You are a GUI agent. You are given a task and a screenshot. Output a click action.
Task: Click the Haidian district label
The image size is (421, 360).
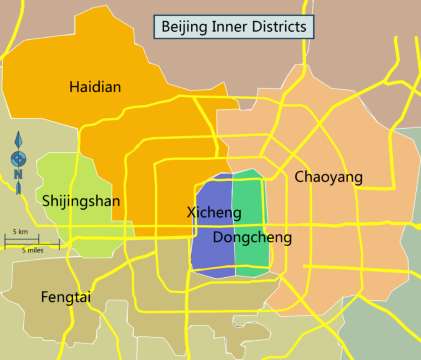pos(95,87)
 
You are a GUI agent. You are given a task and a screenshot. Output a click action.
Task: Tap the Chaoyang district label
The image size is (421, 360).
pos(328,177)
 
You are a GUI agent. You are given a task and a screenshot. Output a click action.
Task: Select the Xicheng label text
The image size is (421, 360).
pos(214,213)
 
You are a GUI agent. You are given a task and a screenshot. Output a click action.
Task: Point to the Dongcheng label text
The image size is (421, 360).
pos(252,238)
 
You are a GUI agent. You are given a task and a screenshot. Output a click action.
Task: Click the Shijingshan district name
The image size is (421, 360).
pos(81,201)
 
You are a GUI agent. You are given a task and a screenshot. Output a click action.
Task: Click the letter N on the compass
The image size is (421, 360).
pos(16,177)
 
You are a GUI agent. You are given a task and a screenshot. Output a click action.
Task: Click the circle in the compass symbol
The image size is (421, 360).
pos(16,158)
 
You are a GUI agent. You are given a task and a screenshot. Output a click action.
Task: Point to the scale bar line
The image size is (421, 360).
pos(31,241)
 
